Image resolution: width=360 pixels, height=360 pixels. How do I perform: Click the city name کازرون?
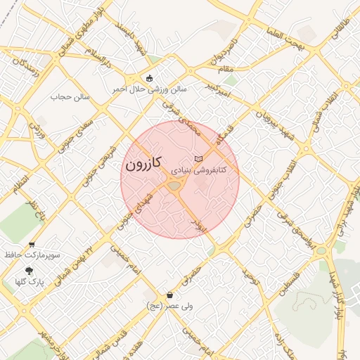click(144, 165)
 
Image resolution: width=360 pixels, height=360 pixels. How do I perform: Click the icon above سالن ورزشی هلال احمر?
click(149, 78)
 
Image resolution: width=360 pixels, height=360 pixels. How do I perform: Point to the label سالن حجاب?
click(75, 97)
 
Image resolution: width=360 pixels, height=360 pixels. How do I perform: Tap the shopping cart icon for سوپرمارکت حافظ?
click(31, 245)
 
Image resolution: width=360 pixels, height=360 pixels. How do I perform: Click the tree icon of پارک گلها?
click(30, 271)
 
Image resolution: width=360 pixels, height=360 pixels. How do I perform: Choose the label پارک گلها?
click(30, 282)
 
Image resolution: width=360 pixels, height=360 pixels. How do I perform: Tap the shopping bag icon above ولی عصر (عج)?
click(169, 295)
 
